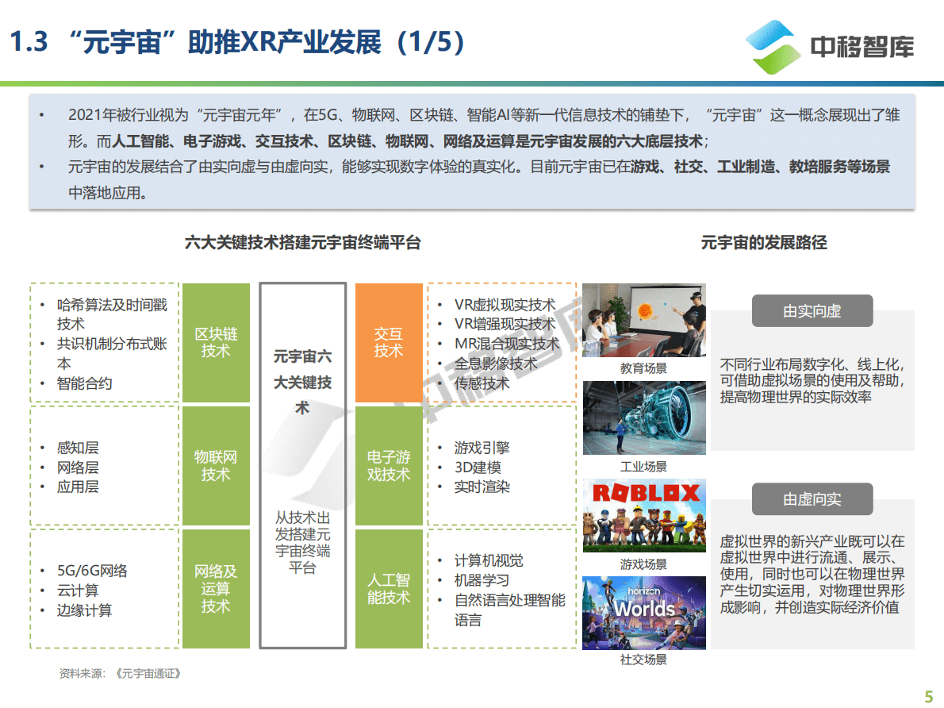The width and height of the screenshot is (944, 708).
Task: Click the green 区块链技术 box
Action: (x=215, y=342)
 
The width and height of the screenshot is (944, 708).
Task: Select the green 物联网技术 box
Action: (x=215, y=466)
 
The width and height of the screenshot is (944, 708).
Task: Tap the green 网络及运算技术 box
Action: (x=215, y=588)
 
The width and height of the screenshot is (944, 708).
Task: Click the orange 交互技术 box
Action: (x=389, y=342)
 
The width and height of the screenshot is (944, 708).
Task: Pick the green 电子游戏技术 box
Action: (x=389, y=466)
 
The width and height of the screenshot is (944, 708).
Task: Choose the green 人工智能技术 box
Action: (x=389, y=588)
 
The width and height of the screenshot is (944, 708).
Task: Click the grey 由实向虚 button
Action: (x=812, y=311)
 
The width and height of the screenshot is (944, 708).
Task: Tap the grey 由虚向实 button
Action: (x=812, y=499)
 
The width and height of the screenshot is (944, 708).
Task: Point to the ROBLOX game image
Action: (x=643, y=516)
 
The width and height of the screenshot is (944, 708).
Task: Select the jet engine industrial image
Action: (x=643, y=418)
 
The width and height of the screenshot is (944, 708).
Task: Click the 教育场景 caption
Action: (x=643, y=368)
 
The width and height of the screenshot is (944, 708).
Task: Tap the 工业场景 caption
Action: (x=643, y=467)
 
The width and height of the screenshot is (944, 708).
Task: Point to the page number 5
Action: (x=929, y=696)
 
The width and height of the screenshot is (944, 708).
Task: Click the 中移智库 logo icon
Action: (x=774, y=46)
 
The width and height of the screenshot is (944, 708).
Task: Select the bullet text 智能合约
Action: (x=84, y=383)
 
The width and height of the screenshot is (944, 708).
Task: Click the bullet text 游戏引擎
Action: (x=482, y=448)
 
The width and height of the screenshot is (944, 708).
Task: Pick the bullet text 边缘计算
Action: (x=84, y=610)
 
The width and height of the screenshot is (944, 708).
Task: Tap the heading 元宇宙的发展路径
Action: (x=763, y=243)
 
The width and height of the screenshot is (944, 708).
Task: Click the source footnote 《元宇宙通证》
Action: (x=148, y=673)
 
